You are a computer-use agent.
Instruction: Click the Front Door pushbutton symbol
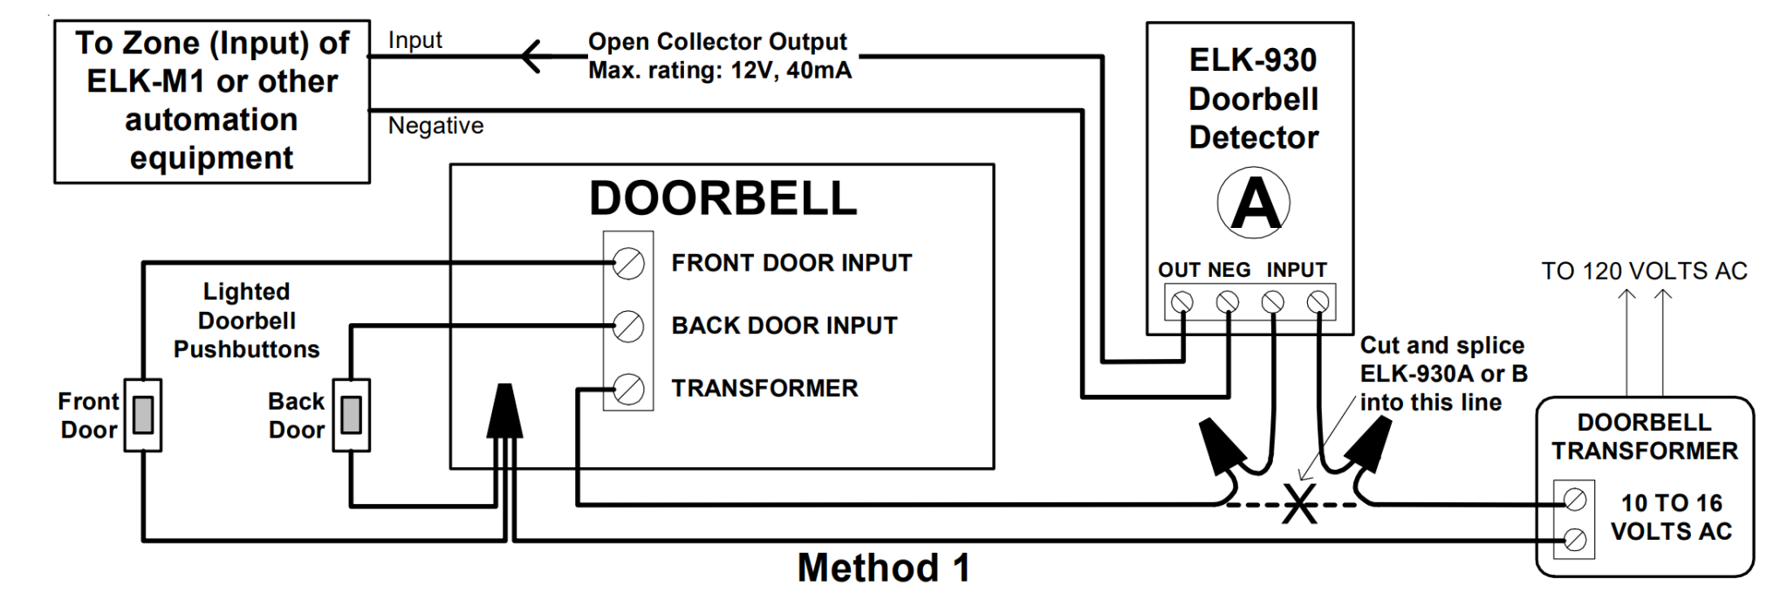pos(143,414)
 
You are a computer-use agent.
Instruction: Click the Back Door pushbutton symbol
pos(352,414)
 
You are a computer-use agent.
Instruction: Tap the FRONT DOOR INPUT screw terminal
pos(628,263)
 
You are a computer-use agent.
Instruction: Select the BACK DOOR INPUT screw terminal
pos(628,326)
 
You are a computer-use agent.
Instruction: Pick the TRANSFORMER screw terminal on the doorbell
pos(628,389)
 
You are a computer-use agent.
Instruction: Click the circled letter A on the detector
pos(1254,203)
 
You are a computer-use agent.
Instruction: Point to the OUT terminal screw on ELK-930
pos(1182,302)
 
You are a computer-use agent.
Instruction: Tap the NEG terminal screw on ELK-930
pos(1228,302)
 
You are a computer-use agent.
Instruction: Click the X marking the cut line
pos(1299,506)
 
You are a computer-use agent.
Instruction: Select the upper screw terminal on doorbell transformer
pos(1574,500)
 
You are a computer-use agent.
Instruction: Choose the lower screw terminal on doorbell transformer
pos(1574,539)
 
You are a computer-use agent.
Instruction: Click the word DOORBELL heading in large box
pos(722,198)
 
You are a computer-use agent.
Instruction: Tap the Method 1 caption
pos(883,569)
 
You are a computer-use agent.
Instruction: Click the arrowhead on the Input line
pos(532,58)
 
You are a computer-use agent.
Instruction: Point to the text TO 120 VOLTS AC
pos(1644,271)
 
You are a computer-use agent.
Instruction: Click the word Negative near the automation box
pos(435,126)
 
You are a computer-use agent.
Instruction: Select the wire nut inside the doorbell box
pos(504,410)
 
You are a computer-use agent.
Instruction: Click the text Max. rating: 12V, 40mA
pos(719,71)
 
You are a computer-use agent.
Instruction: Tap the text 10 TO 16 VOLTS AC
pos(1671,517)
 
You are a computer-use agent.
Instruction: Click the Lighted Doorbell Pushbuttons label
pos(247,321)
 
